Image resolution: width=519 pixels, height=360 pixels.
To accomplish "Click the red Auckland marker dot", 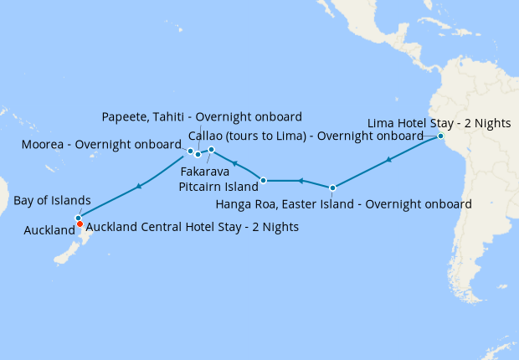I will (x=80, y=224).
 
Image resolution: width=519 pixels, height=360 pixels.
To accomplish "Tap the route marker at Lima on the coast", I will (x=440, y=136).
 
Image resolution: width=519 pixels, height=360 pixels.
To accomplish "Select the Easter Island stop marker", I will (x=333, y=188).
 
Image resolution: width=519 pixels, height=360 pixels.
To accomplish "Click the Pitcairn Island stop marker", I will (x=264, y=180).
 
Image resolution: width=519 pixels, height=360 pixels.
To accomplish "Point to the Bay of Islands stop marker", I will (x=78, y=218).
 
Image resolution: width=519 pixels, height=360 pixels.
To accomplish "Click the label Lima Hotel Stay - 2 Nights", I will (x=439, y=123).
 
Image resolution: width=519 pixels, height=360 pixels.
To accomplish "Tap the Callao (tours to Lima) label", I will (x=306, y=136).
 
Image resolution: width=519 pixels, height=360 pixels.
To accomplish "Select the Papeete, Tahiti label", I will (x=201, y=116).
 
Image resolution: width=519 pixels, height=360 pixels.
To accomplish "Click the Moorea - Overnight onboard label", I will (x=100, y=144).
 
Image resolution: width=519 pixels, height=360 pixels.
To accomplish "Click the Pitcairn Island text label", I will (x=218, y=186).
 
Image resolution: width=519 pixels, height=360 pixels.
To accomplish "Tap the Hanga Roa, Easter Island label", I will (x=343, y=203).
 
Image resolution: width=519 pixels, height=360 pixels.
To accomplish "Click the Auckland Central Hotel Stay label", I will (x=193, y=226).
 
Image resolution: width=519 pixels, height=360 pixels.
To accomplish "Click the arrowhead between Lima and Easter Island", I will (x=389, y=159).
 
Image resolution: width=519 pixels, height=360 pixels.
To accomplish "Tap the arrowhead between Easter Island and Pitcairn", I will (x=300, y=181).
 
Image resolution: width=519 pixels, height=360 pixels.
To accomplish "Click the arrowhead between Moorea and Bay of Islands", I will (x=138, y=185).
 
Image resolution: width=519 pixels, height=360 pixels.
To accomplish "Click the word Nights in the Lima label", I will (x=491, y=123).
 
